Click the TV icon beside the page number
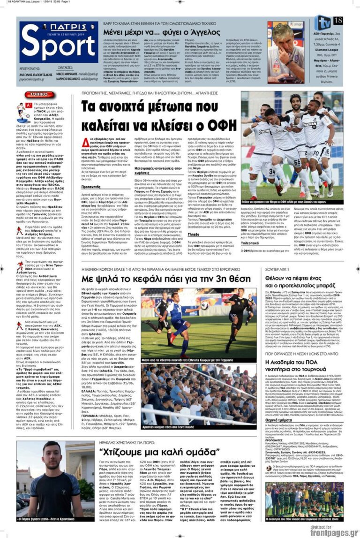click(323, 22)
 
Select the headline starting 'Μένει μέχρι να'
click(162, 32)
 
